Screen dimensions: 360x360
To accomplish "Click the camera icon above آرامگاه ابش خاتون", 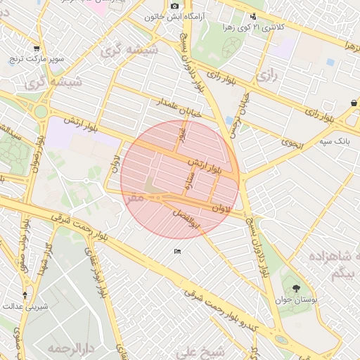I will coord(175,6).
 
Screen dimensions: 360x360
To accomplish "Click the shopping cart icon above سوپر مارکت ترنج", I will coord(36,49).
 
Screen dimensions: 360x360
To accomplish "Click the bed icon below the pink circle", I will coord(177,251).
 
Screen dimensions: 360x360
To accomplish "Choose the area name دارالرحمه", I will coord(70,347).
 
